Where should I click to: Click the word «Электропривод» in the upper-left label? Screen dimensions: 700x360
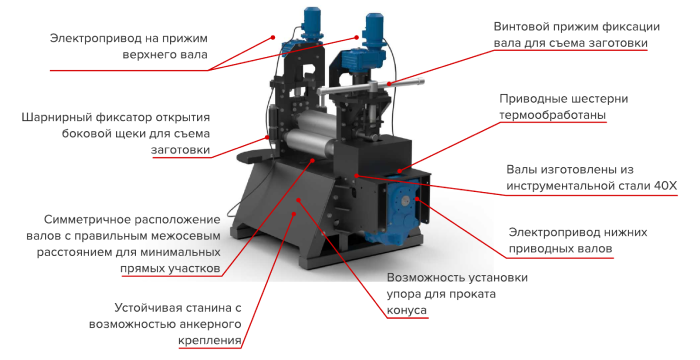[92, 38]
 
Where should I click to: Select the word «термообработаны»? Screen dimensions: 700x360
[552, 115]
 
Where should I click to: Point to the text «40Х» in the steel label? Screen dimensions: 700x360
[666, 186]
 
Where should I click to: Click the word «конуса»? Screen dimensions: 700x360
[407, 310]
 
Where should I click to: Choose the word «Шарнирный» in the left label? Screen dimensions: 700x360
[56, 118]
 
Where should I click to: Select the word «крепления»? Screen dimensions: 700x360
[210, 341]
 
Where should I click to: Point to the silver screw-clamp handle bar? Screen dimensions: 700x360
[371, 87]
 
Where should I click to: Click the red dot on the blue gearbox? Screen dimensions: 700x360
[417, 199]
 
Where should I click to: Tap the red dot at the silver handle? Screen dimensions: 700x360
[389, 83]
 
